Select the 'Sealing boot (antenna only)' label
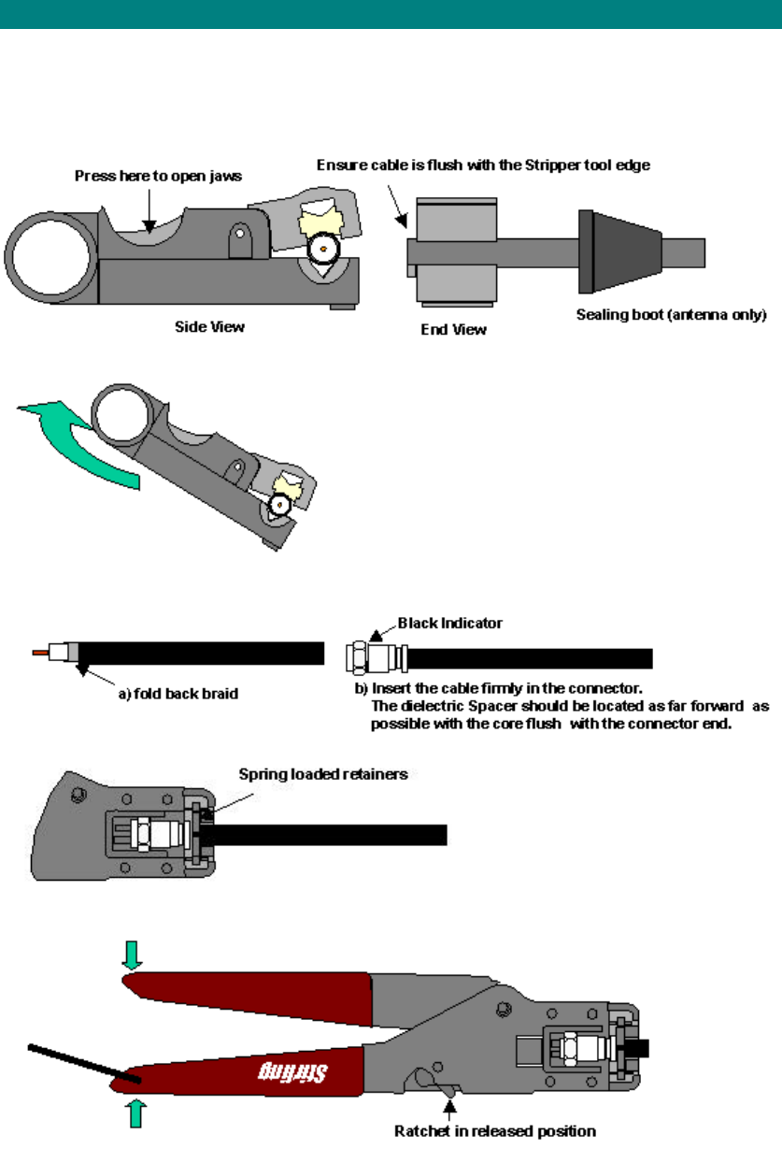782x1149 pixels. click(670, 315)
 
